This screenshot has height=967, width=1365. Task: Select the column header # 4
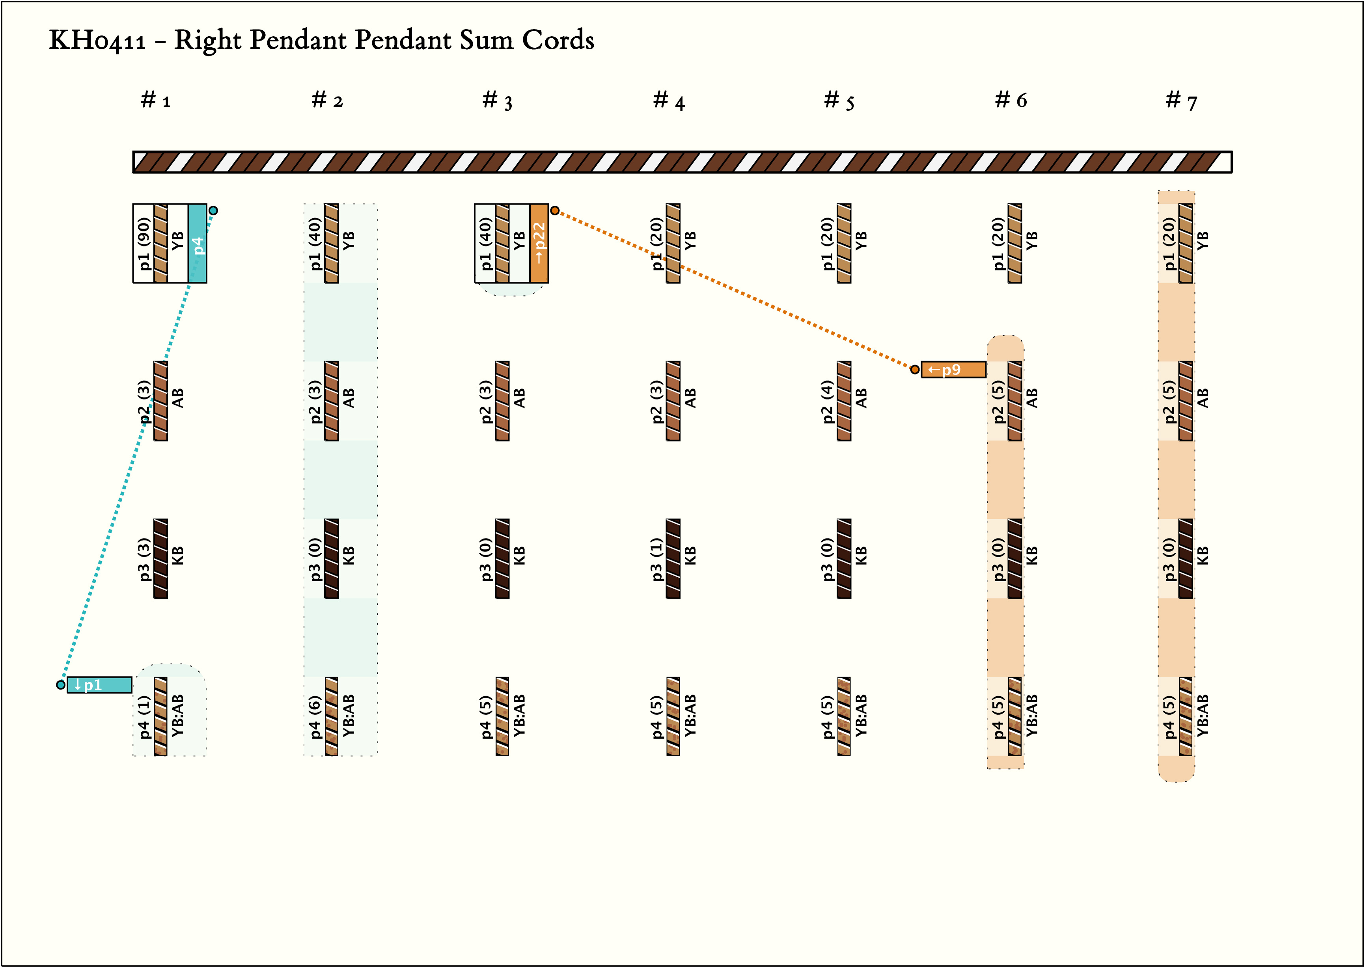pyautogui.click(x=668, y=100)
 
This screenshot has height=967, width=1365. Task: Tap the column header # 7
pyautogui.click(x=1181, y=100)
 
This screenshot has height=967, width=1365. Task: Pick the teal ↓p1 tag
pyautogui.click(x=99, y=685)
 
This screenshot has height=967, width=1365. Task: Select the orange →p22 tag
pyautogui.click(x=539, y=243)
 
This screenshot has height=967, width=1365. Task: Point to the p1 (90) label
pyautogui.click(x=144, y=243)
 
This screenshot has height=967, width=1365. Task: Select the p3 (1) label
pyautogui.click(x=656, y=558)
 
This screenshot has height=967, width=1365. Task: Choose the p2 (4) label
pyautogui.click(x=827, y=401)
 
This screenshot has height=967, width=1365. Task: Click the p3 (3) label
pyautogui.click(x=144, y=558)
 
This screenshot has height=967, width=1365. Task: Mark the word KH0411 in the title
pyautogui.click(x=97, y=41)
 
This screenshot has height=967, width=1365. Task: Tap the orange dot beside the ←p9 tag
pyautogui.click(x=915, y=370)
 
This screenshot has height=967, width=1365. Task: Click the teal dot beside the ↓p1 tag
pyautogui.click(x=61, y=685)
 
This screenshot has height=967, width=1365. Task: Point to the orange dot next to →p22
pyautogui.click(x=555, y=210)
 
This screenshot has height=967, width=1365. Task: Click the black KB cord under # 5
pyautogui.click(x=844, y=558)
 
